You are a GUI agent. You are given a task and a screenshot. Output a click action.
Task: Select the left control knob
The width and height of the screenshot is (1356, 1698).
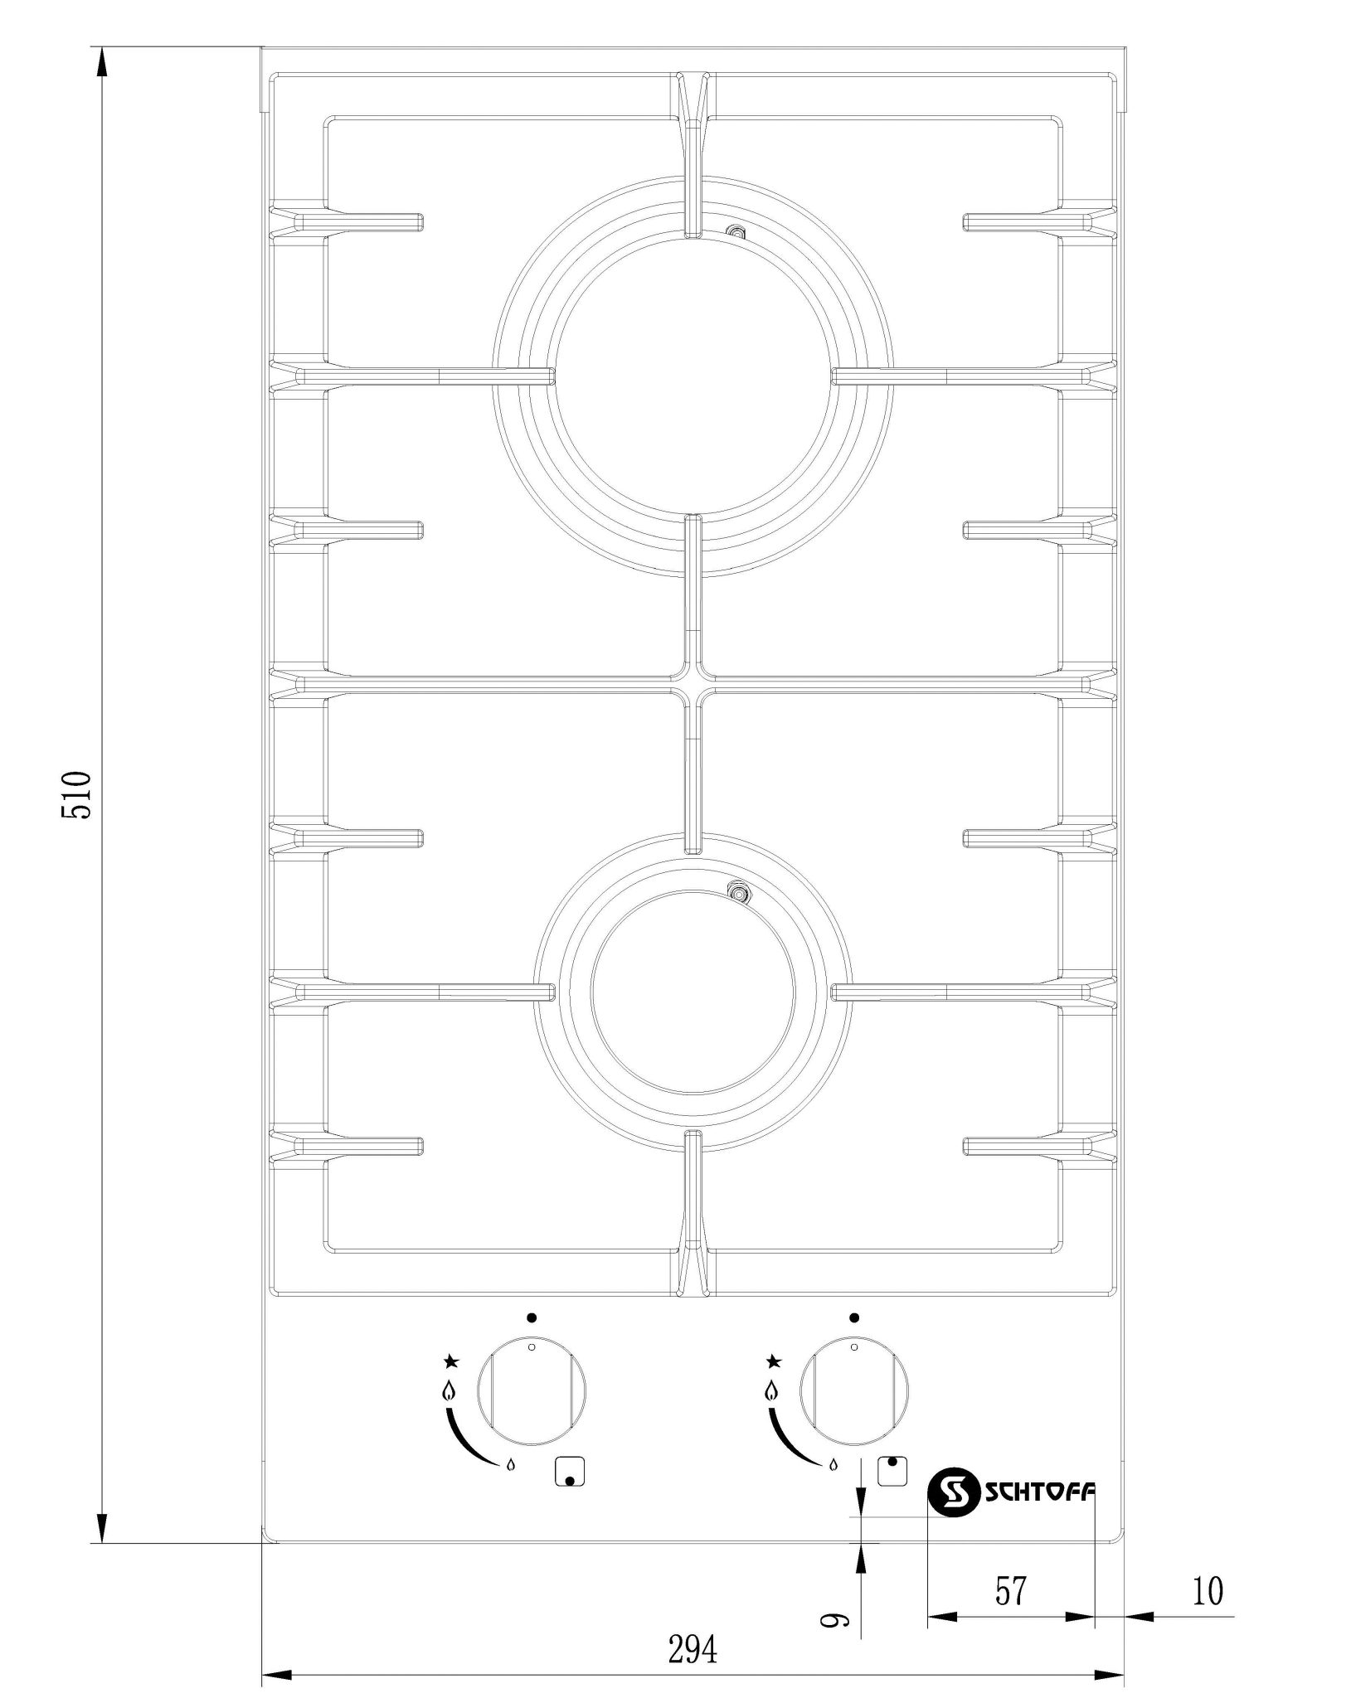point(532,1402)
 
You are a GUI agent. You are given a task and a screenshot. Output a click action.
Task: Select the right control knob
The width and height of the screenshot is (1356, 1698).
point(853,1402)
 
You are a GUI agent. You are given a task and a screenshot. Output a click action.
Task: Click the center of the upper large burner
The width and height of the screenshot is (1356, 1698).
point(693,376)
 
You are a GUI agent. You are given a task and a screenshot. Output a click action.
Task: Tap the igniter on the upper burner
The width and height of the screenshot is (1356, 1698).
point(734,234)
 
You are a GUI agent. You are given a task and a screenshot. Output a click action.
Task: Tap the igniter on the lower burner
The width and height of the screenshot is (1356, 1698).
point(736,893)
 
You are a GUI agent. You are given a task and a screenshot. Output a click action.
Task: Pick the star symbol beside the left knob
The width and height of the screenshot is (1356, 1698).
point(451,1360)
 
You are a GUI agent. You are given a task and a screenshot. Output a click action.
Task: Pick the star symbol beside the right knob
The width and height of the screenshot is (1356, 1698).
point(773,1360)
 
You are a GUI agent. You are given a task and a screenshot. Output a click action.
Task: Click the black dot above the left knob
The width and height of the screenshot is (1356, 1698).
point(532,1317)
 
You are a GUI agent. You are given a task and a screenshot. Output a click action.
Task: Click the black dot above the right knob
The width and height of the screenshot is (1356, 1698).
point(853,1317)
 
